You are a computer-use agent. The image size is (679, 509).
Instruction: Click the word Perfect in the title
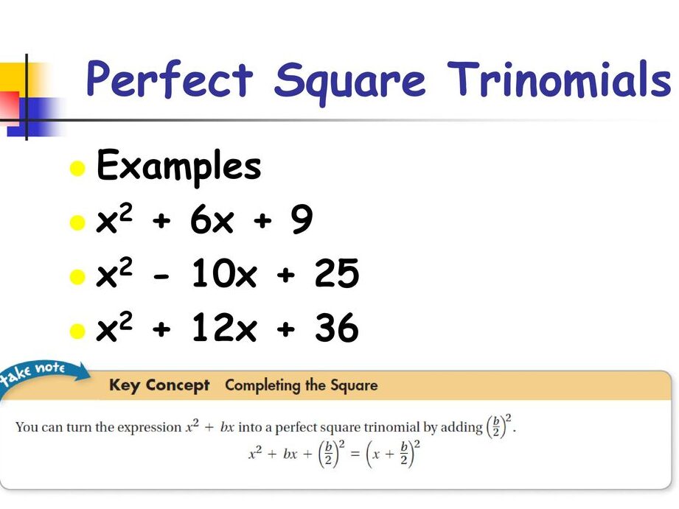(170, 80)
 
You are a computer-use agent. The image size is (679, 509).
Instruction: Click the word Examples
(179, 166)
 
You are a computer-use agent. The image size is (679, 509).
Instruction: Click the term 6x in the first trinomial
(212, 220)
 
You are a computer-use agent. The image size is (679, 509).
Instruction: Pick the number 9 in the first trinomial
(302, 220)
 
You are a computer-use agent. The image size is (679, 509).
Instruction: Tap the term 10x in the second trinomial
(224, 274)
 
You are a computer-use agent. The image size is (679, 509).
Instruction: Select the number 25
(337, 274)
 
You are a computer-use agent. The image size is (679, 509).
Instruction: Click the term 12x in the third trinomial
(224, 328)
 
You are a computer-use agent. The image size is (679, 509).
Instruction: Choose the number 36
(337, 328)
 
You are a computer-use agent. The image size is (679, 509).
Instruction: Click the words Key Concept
(159, 385)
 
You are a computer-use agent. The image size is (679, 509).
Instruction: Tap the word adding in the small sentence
(462, 427)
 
